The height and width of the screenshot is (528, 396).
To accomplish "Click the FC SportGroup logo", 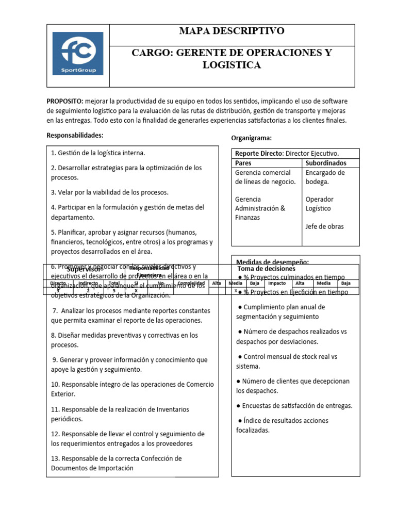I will click(x=78, y=54).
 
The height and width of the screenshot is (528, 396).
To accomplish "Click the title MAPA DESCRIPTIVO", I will click(x=232, y=31).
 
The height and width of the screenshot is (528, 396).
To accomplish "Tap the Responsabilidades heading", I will click(x=75, y=135).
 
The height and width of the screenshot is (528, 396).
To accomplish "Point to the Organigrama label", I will click(x=251, y=138).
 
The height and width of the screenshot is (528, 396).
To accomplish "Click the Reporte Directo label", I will click(x=259, y=154).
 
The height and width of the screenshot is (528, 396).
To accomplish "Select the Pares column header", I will click(x=243, y=163).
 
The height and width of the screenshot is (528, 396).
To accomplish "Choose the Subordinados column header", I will click(x=325, y=163).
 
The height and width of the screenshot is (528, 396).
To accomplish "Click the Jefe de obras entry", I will click(x=324, y=226).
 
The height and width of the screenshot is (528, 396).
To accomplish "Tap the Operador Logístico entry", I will click(x=320, y=204).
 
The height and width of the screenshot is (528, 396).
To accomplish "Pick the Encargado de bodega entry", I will click(x=325, y=177).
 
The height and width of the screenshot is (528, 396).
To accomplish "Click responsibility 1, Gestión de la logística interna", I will click(x=98, y=153).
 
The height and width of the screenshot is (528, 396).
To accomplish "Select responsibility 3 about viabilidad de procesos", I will click(x=110, y=192).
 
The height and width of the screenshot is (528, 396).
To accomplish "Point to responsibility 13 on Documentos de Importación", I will click(x=116, y=463).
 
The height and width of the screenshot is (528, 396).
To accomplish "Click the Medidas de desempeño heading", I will click(x=272, y=261).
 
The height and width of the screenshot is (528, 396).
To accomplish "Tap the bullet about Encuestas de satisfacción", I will click(x=295, y=405).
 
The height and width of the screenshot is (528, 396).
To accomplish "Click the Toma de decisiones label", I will click(x=266, y=269).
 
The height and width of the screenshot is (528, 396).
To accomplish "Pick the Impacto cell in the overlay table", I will click(x=276, y=283).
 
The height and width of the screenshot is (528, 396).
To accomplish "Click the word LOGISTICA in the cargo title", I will click(x=232, y=65).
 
